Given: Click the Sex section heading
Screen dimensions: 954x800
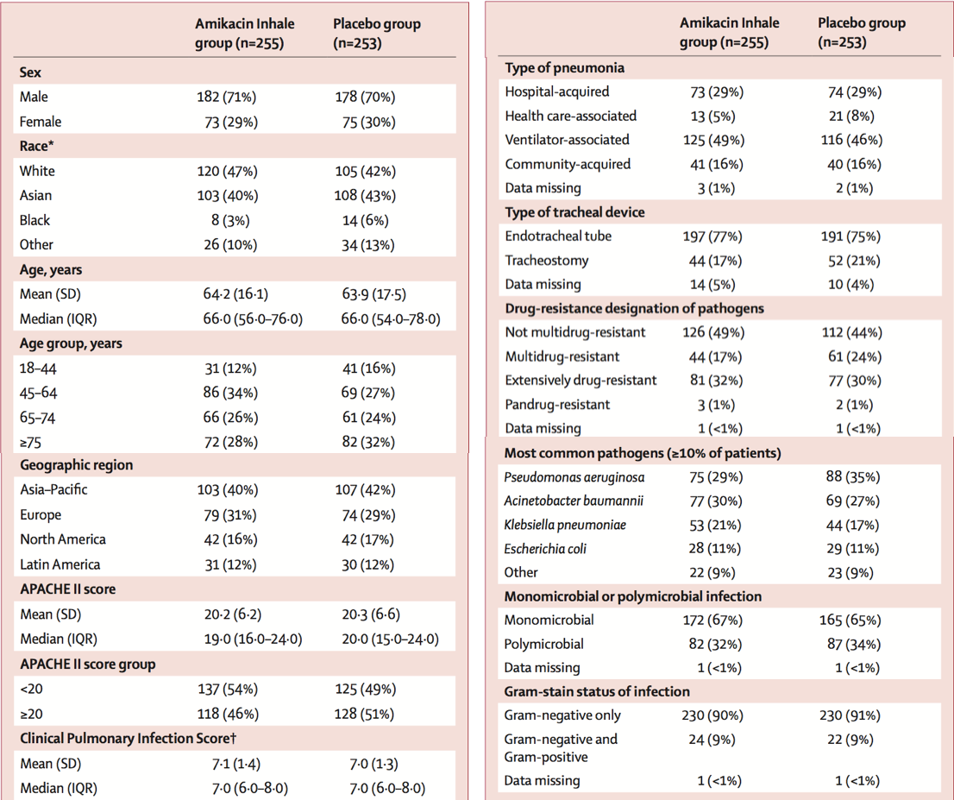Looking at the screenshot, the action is [x=30, y=72].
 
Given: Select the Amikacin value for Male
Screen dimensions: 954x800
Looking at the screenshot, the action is [x=226, y=97].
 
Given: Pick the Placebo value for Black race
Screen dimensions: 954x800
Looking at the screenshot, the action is [x=365, y=220].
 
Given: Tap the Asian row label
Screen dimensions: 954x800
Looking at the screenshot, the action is [x=35, y=195].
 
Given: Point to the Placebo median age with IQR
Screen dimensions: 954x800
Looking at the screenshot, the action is [x=391, y=319].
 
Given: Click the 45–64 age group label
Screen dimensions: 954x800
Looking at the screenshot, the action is [x=38, y=393].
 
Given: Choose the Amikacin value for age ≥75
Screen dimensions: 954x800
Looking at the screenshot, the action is [x=230, y=442].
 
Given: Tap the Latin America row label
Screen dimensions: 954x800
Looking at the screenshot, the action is [x=60, y=564].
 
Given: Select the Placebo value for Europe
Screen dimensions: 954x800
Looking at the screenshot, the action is [x=368, y=515].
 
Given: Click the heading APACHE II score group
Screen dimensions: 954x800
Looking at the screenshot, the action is [x=88, y=665].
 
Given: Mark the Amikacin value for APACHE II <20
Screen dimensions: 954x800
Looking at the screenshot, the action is [x=227, y=690].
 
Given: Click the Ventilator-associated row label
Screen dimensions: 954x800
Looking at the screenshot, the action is [x=567, y=140].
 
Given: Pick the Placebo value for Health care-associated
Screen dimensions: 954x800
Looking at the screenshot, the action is [x=851, y=117].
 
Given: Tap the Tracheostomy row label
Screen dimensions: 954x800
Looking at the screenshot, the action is [x=547, y=261].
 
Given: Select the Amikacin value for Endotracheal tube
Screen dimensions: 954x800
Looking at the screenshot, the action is [x=712, y=236].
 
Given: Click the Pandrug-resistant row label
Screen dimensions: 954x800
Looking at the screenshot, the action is [x=557, y=405].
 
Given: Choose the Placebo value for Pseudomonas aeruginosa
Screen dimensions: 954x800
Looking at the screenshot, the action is [x=853, y=476].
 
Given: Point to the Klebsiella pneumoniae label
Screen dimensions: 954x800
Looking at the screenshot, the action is [x=565, y=525].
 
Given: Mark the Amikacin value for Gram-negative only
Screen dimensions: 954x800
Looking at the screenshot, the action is [x=712, y=715].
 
